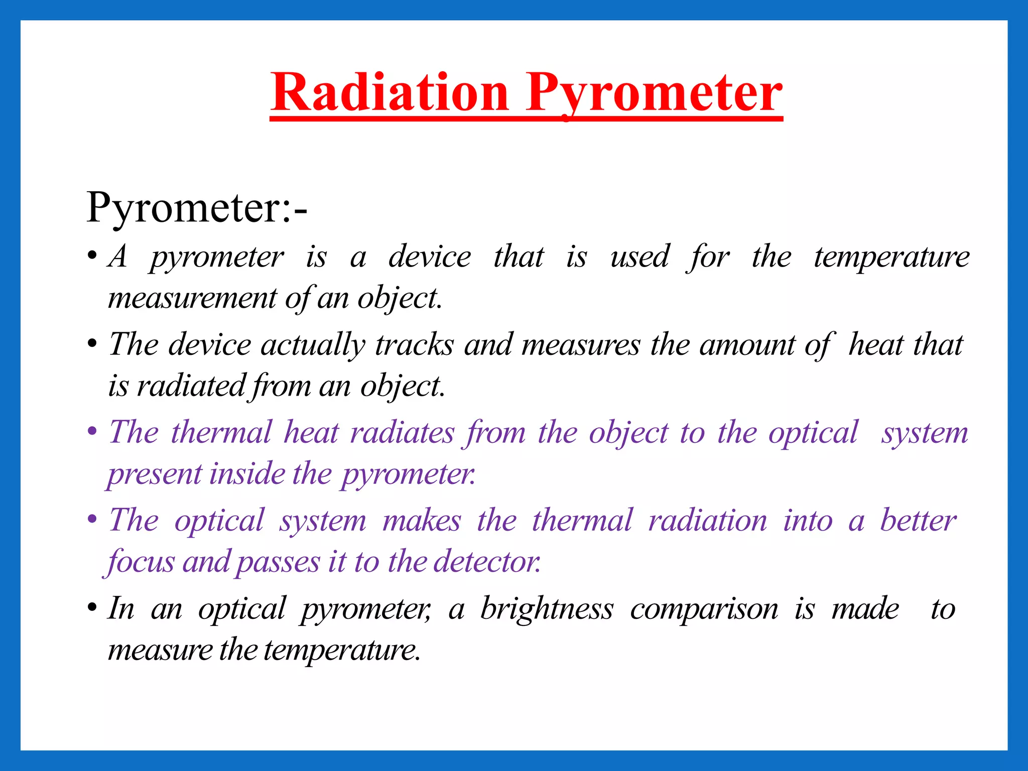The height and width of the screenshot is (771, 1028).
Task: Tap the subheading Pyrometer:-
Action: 196,207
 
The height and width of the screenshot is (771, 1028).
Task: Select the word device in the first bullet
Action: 430,256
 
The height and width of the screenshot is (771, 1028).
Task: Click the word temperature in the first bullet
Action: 891,258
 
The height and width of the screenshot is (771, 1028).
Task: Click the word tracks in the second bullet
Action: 415,345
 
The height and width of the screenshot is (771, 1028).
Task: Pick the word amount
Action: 747,345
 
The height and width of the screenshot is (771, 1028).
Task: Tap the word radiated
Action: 191,386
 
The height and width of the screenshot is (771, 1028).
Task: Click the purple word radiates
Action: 402,432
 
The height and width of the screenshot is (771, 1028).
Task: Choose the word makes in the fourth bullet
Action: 422,521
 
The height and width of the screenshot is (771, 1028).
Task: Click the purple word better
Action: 918,521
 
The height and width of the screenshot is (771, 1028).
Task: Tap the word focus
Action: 141,562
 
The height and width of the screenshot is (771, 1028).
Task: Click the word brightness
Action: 547,609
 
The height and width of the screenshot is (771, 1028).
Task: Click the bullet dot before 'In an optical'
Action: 92,608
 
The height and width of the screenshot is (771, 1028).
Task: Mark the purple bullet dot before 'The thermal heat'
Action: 92,432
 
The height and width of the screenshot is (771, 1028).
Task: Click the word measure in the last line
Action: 160,650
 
